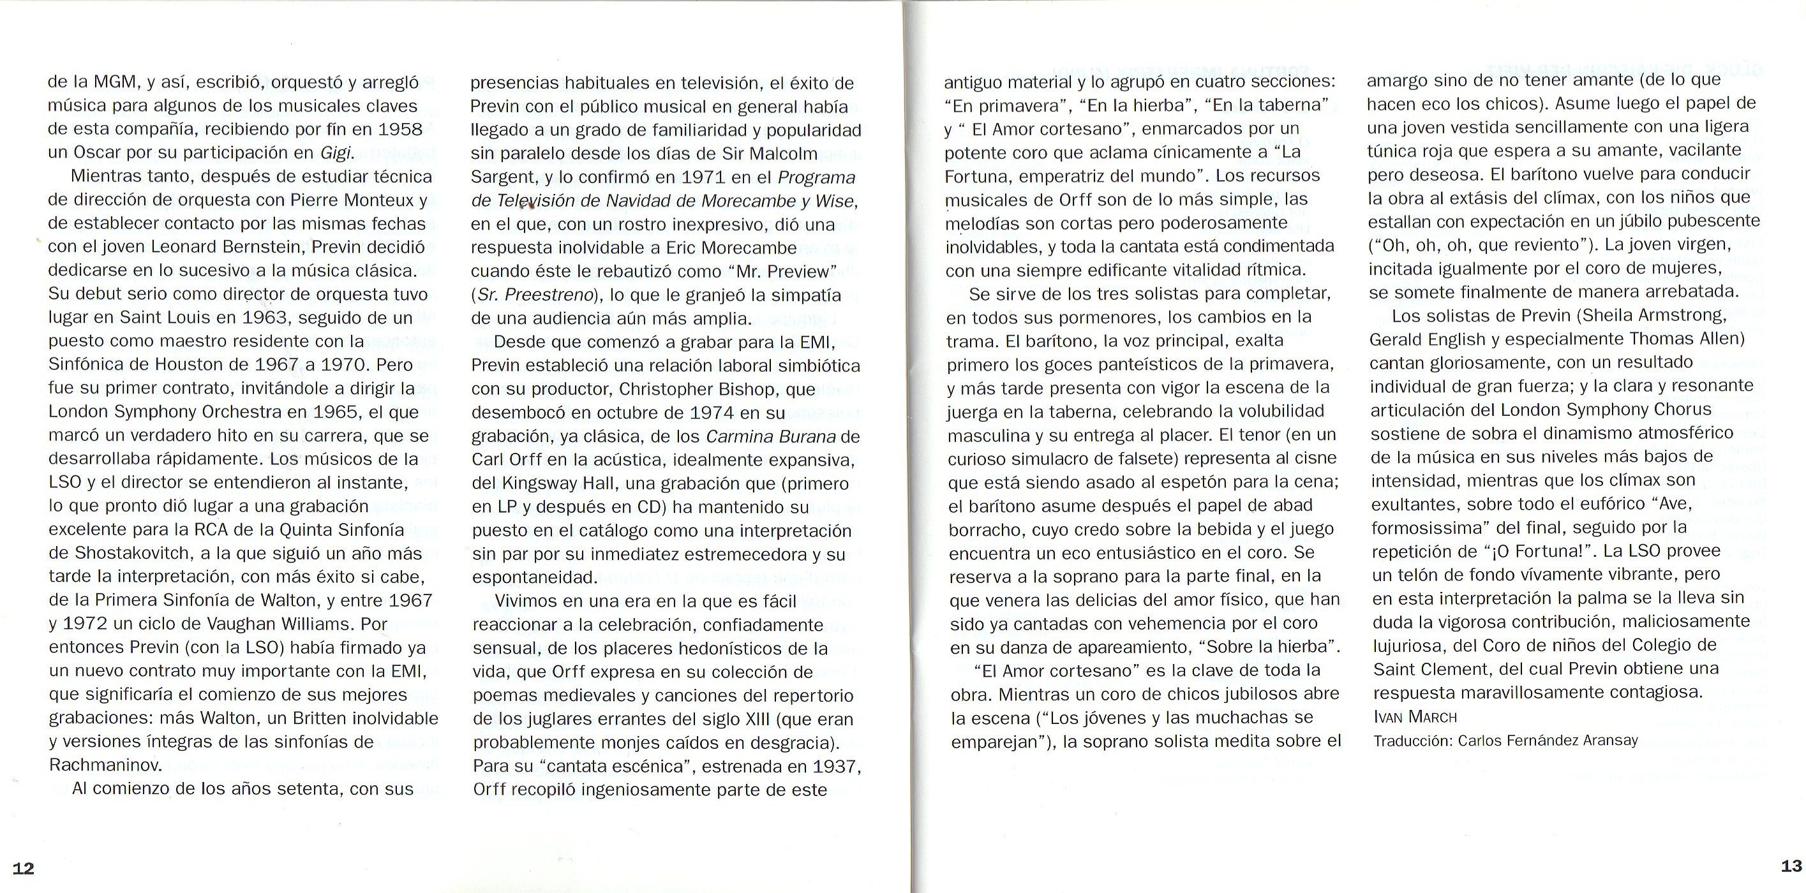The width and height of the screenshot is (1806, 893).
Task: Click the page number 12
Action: (23, 869)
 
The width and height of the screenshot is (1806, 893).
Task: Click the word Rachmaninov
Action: (106, 765)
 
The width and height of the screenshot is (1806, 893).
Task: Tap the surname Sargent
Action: (505, 177)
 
